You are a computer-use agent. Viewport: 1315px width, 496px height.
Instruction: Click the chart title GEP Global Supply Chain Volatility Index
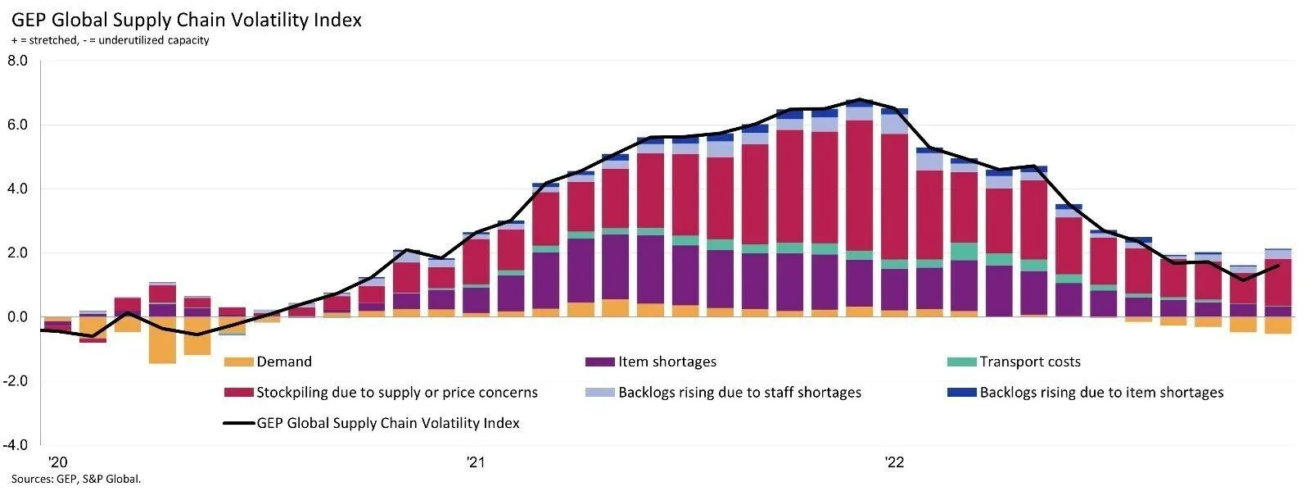click(x=187, y=20)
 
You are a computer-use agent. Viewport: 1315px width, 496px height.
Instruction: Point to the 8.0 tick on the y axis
click(x=17, y=61)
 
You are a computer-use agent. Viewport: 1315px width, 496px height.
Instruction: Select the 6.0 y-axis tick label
click(x=17, y=125)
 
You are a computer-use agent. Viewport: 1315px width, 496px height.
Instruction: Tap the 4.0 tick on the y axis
click(x=17, y=189)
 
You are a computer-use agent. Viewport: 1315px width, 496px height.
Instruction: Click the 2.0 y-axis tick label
click(x=17, y=253)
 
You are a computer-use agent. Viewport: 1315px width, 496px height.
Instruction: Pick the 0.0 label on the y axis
click(x=17, y=317)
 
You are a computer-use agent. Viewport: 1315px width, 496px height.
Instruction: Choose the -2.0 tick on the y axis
click(x=16, y=381)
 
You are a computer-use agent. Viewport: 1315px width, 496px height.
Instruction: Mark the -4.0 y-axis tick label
click(x=16, y=445)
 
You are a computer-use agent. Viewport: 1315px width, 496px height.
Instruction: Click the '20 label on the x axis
click(x=57, y=462)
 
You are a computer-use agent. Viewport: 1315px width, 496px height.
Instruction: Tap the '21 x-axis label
click(x=476, y=462)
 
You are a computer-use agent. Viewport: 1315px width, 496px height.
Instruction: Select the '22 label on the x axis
click(x=894, y=462)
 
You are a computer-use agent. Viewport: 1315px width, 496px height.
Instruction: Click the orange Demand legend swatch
click(x=238, y=362)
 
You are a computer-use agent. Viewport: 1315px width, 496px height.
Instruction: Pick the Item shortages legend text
click(x=667, y=362)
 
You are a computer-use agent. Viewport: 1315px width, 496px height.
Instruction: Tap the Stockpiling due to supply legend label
click(x=397, y=393)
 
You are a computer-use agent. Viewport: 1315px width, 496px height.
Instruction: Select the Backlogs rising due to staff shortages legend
click(x=739, y=393)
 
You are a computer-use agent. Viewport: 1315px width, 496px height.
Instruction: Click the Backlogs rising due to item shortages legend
click(x=1101, y=393)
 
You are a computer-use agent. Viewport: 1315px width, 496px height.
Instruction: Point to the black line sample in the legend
click(x=238, y=424)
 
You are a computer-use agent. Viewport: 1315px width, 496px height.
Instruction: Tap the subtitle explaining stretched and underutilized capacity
click(x=111, y=40)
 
